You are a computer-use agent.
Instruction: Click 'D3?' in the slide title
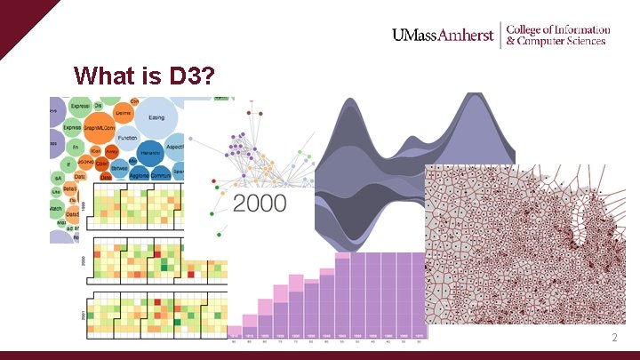[190, 76]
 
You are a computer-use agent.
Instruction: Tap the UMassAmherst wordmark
[442, 36]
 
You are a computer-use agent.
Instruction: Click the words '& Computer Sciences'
[556, 41]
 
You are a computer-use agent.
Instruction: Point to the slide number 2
[613, 338]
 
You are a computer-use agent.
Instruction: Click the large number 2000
[260, 203]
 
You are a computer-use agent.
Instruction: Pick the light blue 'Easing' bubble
[156, 118]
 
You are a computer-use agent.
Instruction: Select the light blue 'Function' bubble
[128, 139]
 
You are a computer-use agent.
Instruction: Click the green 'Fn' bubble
[76, 147]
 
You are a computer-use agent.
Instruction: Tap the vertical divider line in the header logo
[500, 35]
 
